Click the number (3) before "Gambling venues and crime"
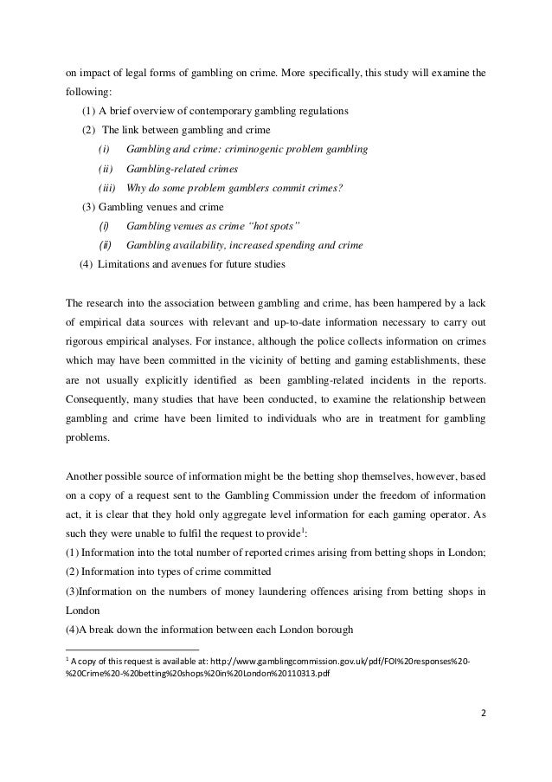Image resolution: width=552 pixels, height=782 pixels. coord(88,206)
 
